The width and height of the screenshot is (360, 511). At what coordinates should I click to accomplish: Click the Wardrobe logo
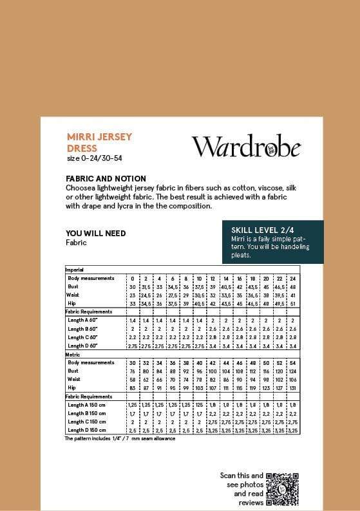(x=246, y=147)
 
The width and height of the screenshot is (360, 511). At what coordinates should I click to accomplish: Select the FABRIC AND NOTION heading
(x=106, y=178)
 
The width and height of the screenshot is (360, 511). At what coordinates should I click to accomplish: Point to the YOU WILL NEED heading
(x=96, y=233)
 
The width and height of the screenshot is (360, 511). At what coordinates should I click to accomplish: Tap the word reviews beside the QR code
(x=250, y=501)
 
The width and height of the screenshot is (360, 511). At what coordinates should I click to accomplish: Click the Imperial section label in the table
(x=75, y=270)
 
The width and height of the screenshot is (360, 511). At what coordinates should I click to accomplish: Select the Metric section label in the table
(x=72, y=354)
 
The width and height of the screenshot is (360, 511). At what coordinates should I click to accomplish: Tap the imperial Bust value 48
(x=293, y=286)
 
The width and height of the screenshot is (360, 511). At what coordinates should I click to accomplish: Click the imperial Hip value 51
(x=293, y=303)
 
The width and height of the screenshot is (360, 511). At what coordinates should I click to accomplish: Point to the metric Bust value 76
(x=133, y=371)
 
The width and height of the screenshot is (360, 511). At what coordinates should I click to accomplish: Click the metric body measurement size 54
(x=293, y=362)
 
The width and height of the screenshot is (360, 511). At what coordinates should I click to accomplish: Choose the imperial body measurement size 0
(x=133, y=278)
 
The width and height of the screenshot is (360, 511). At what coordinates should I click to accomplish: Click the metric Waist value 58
(x=133, y=379)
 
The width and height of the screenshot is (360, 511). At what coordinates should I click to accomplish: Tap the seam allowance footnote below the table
(x=120, y=438)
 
